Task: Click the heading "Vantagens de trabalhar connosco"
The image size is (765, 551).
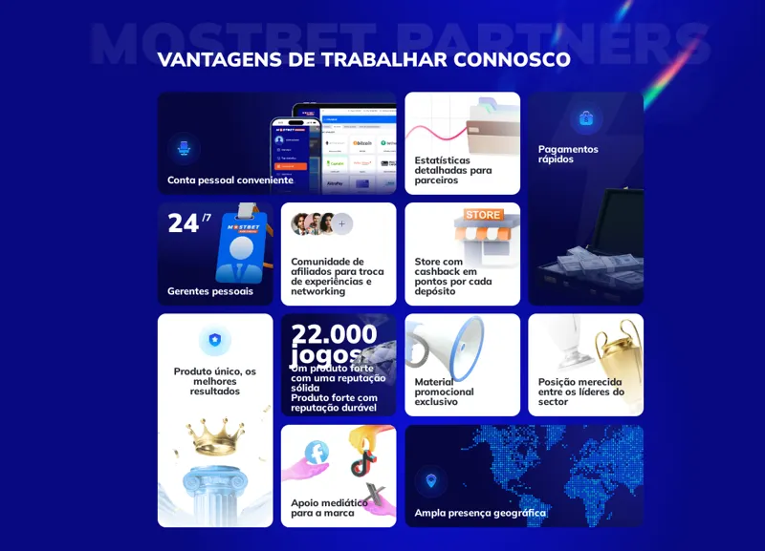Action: [x=363, y=59]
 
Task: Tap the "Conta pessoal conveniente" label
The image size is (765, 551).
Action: [x=229, y=180]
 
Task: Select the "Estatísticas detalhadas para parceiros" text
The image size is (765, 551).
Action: [x=453, y=170]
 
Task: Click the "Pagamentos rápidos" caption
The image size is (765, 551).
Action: [x=568, y=154]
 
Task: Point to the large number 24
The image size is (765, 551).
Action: [x=183, y=223]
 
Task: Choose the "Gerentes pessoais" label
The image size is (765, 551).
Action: [x=210, y=291]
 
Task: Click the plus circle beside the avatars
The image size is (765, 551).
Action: [x=341, y=224]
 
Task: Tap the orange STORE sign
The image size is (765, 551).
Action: [x=483, y=215]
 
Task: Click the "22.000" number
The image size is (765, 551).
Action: [x=334, y=333]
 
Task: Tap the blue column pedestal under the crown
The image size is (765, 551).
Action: [x=215, y=493]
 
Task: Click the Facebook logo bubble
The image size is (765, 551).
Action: [x=316, y=453]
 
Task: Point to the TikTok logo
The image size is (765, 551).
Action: [x=362, y=463]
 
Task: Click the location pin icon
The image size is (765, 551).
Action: [x=430, y=480]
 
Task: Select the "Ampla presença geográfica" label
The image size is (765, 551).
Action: [x=480, y=513]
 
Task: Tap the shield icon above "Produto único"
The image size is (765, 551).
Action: [x=215, y=339]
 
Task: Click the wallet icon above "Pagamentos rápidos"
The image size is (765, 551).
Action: [x=586, y=117]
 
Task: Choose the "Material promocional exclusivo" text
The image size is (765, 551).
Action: [x=444, y=392]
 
